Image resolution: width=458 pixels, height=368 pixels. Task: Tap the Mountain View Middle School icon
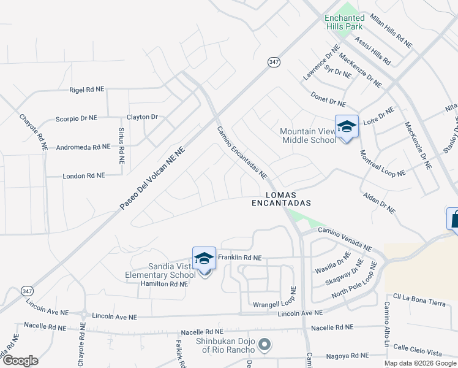coord(347,127)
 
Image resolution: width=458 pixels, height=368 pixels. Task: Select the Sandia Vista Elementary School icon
coord(204,260)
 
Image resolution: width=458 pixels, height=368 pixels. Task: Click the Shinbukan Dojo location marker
coord(265,345)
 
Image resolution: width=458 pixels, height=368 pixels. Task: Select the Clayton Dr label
coord(142,117)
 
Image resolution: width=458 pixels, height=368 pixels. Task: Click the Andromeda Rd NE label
coord(83,147)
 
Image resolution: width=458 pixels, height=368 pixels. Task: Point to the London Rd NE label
coord(84,175)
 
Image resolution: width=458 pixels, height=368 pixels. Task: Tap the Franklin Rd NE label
coord(240,258)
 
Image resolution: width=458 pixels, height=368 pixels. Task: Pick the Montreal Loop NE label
coord(382,164)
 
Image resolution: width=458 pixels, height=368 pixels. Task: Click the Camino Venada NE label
coord(344,239)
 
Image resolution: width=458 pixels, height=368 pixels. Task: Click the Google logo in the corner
coord(20,361)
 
